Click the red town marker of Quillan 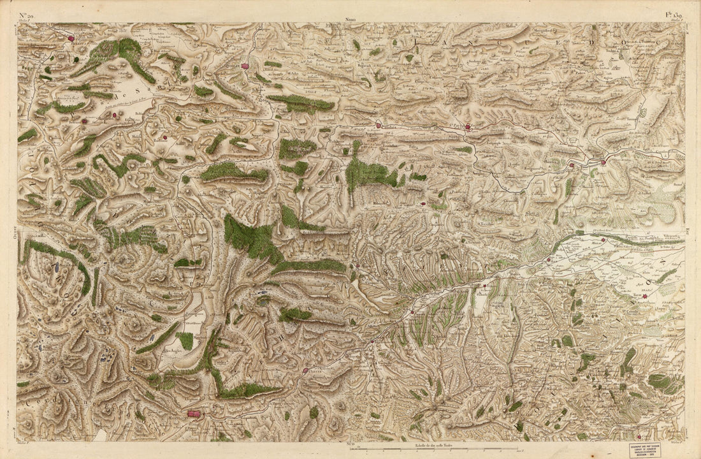[x=245, y=65]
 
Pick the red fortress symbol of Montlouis [x=193, y=414]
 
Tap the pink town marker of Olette [x=305, y=370]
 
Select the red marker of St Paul [x=467, y=127]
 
